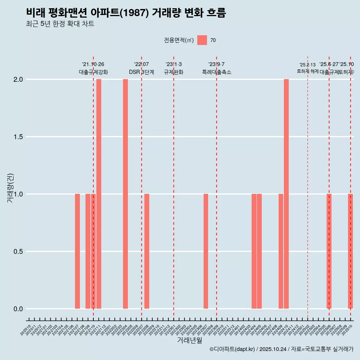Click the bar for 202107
[77, 251]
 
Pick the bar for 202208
[147, 251]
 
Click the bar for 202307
[205, 251]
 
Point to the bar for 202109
[88, 251]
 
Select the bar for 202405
[259, 251]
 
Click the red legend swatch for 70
[202, 40]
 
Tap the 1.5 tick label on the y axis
[18, 137]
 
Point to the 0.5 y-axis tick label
[18, 252]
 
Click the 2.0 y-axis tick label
[18, 79]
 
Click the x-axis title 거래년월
[189, 340]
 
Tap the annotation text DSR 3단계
[141, 72]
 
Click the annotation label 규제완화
[173, 72]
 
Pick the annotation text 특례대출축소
[216, 72]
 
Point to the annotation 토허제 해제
[307, 71]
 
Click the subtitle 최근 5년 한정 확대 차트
[60, 24]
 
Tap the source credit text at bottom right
[281, 349]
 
